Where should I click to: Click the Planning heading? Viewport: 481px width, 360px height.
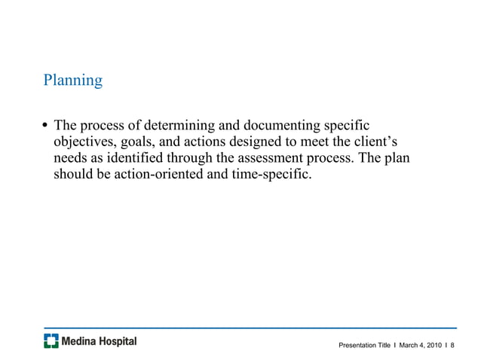[72, 80]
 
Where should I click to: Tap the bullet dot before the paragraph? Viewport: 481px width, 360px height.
[46, 125]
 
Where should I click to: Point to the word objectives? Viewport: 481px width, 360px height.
[84, 142]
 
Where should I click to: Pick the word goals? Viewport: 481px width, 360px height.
[139, 142]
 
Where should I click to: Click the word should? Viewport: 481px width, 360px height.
[73, 175]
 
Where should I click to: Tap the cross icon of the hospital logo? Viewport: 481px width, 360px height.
[51, 341]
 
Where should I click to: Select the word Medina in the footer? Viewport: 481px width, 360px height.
[81, 341]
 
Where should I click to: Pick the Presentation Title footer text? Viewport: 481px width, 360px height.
[365, 345]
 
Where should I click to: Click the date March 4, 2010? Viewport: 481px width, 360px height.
[421, 345]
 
